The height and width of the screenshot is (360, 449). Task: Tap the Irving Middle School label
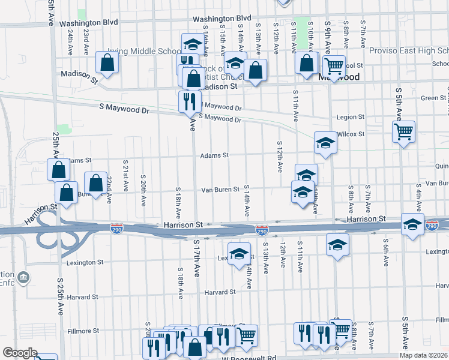[144, 52]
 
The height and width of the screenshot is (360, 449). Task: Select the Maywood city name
[339, 77]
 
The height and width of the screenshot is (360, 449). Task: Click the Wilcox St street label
[351, 134]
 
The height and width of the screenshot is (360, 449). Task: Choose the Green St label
[429, 98]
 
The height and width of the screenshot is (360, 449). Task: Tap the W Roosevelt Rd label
[249, 358]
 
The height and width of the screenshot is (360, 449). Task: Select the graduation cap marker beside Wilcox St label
[325, 143]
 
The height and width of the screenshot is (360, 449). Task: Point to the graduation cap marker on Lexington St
[239, 253]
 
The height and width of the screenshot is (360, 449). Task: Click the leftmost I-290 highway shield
[116, 228]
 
